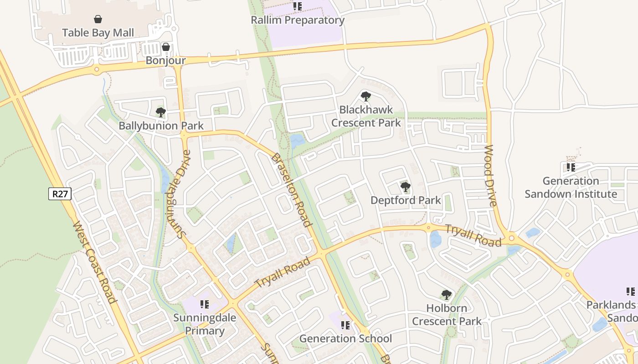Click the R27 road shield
[60, 194]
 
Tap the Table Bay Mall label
[98, 33]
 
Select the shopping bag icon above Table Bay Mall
[98, 19]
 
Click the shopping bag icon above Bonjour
[166, 47]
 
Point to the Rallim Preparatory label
[298, 20]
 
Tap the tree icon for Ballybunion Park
[160, 112]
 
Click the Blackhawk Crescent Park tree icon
[365, 96]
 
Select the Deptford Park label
[406, 200]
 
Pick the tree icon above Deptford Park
[405, 187]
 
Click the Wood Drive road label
[490, 176]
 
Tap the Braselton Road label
[292, 190]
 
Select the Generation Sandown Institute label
[571, 187]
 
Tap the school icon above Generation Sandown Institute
[571, 167]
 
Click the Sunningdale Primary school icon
[204, 304]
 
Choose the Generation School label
[345, 339]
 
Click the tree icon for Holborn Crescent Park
[447, 295]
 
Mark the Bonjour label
[166, 61]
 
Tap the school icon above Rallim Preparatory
[298, 6]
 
